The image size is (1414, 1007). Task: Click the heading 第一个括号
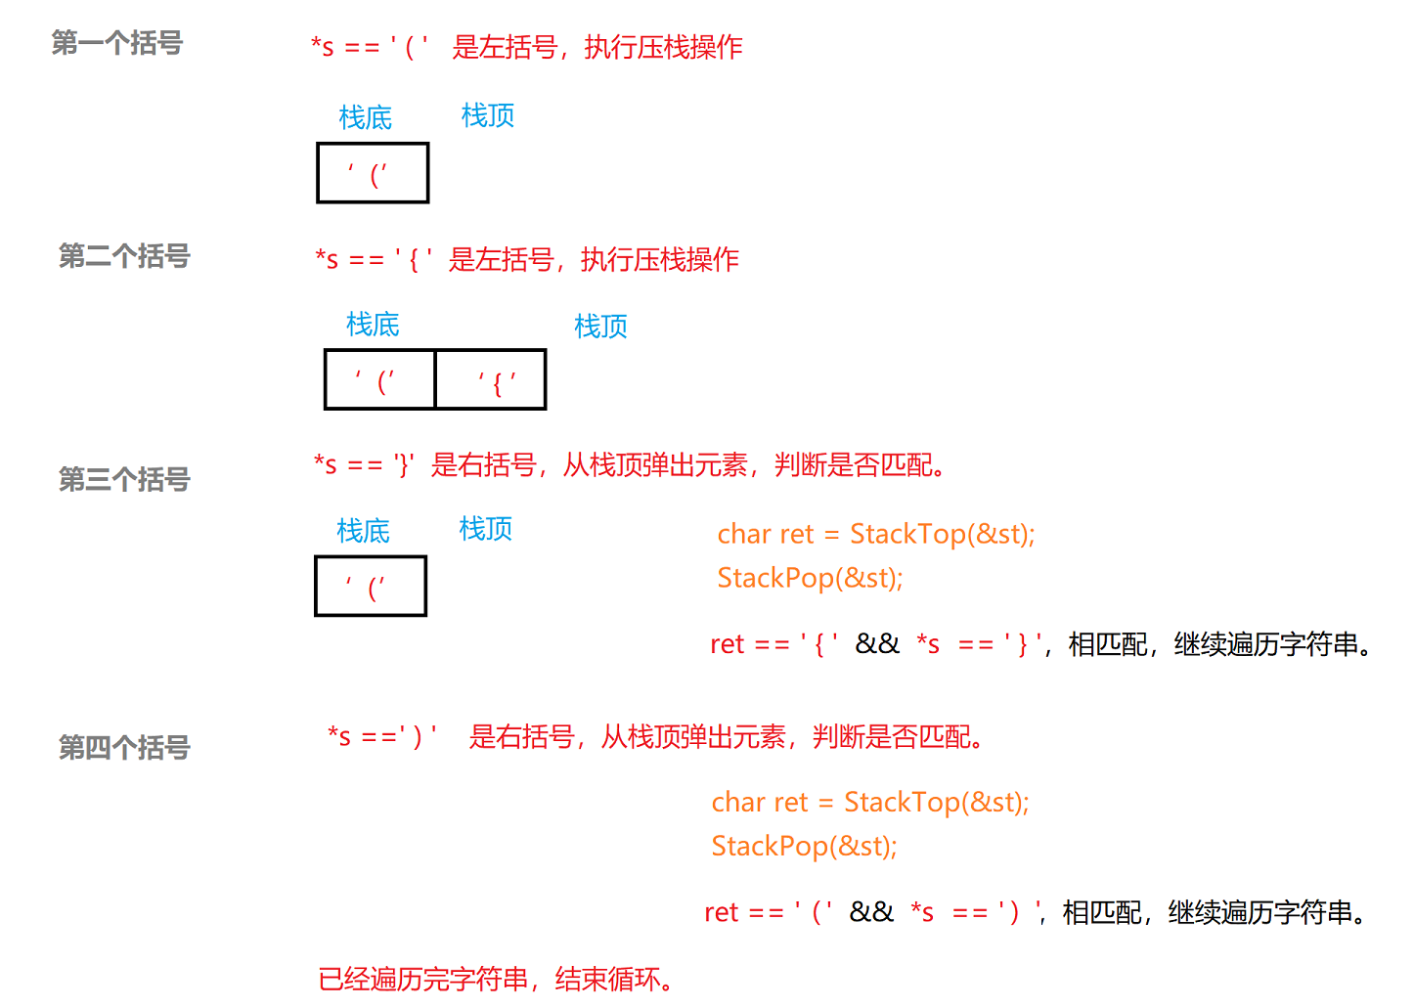116,43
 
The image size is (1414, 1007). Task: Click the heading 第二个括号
124,256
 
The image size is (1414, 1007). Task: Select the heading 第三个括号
124,479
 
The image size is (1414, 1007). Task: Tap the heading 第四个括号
124,747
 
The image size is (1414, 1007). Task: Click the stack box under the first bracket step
373,173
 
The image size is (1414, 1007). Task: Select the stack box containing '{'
491,379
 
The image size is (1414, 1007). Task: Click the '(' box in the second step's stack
380,379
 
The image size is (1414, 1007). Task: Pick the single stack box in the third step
371,587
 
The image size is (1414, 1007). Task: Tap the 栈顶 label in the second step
600,326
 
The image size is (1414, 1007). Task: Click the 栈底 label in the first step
365,117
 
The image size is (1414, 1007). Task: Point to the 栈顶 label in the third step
486,529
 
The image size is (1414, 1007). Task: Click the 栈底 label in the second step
373,324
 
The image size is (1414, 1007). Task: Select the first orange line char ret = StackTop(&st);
875,534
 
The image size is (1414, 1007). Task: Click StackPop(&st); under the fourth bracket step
804,846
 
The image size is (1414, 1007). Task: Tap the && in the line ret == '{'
876,643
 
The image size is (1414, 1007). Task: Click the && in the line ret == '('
870,912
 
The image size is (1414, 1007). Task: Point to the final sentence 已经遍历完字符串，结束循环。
497,979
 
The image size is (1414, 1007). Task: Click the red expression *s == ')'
382,736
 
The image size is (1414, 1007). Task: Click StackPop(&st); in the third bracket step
810,578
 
